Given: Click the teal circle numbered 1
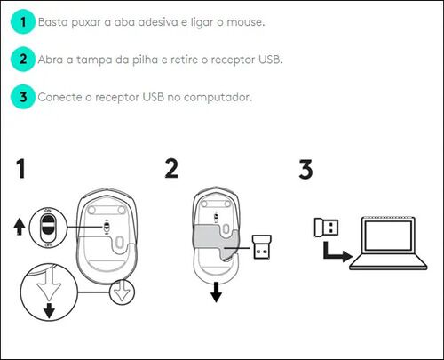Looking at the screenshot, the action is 23,21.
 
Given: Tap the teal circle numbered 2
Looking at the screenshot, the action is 23,60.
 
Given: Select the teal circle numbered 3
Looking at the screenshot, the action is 23,97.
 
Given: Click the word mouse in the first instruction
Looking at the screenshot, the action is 245,22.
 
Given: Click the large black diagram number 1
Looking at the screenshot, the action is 20,169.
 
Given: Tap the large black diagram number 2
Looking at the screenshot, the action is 171,169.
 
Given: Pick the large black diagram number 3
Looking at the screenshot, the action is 305,169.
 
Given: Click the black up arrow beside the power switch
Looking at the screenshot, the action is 20,227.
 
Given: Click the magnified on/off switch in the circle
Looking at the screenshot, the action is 48,228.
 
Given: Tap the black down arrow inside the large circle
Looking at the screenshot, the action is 49,310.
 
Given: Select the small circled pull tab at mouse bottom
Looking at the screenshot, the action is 122,292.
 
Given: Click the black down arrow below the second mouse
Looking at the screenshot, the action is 217,292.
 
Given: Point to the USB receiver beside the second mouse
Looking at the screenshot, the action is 262,247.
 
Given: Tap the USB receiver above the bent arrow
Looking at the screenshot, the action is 326,228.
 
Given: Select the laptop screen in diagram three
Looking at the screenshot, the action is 388,236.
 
